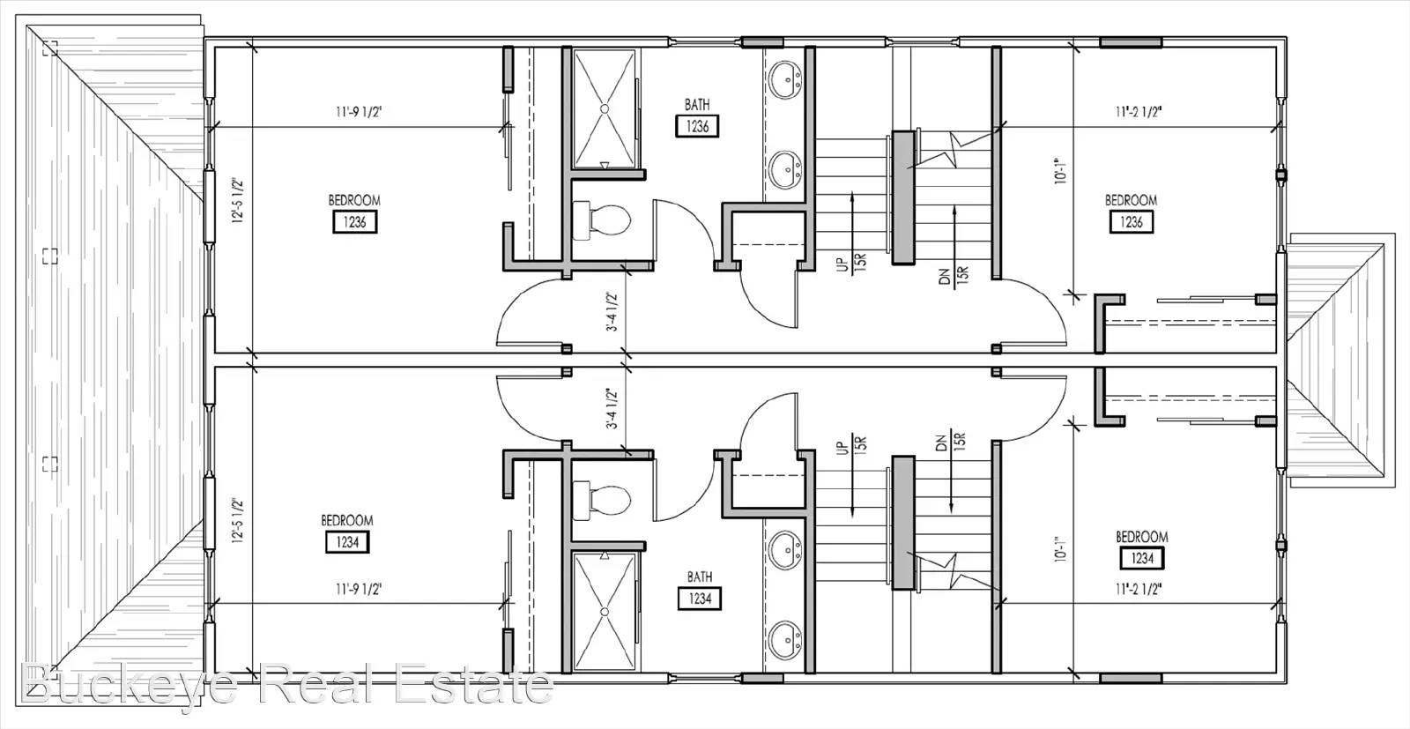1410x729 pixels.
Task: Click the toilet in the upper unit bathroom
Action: pos(602,220)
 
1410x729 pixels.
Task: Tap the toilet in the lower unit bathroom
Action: pos(602,501)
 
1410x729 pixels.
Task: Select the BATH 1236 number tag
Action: pos(697,127)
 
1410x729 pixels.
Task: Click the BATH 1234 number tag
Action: pos(700,599)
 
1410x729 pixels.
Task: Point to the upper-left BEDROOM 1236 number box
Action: pos(355,222)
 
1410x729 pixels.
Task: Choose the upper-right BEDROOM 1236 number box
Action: pos(1132,222)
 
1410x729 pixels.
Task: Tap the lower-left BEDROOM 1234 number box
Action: pos(347,542)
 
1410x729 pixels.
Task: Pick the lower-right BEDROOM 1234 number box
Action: pos(1142,558)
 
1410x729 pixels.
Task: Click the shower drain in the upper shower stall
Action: pos(605,108)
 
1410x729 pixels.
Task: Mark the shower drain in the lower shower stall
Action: pos(605,612)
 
